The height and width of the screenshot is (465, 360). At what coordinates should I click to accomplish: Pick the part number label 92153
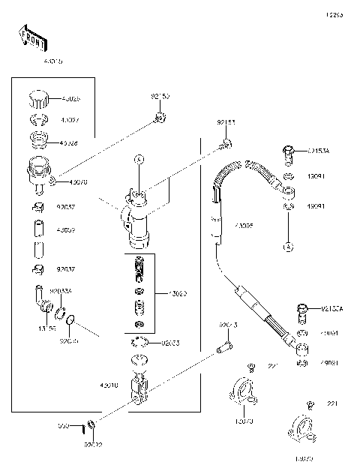(226, 121)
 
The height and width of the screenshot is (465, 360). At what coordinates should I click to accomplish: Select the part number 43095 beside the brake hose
(244, 225)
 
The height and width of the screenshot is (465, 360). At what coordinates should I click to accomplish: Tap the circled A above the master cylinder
(137, 159)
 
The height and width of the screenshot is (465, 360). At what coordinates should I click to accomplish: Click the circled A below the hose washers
(287, 246)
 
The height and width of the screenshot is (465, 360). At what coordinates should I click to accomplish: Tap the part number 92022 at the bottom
(93, 444)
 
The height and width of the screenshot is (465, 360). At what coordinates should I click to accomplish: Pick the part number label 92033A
(60, 289)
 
